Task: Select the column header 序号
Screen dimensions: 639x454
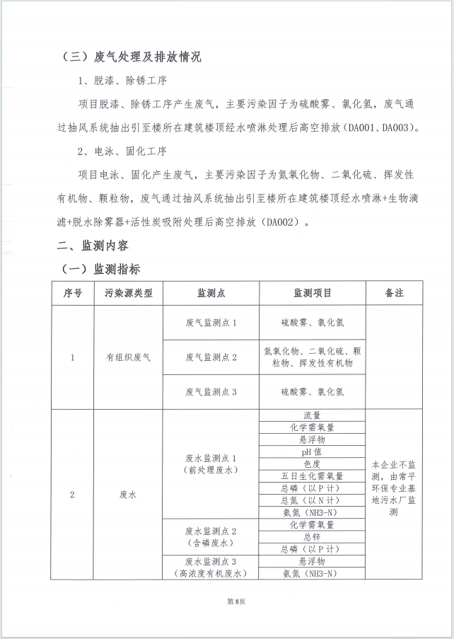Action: coord(72,293)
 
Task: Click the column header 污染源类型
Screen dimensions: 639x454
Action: coord(129,293)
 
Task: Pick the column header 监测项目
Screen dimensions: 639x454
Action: coord(313,293)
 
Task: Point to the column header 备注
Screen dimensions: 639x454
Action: coord(394,293)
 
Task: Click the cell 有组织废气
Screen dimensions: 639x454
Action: coord(129,357)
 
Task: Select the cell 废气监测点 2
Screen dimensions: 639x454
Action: coord(211,357)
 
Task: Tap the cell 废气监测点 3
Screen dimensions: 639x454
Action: coord(211,391)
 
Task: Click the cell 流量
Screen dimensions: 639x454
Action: coord(312,415)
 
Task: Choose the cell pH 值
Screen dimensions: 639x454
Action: coord(312,451)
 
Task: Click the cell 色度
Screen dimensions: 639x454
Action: coord(312,464)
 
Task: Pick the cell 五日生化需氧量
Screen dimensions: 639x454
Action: coord(312,476)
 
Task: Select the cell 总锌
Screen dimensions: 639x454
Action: coord(312,537)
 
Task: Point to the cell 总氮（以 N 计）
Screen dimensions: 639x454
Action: coord(312,500)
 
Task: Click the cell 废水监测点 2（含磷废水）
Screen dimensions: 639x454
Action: coord(211,537)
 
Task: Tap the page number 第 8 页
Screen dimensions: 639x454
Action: coord(226,601)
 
